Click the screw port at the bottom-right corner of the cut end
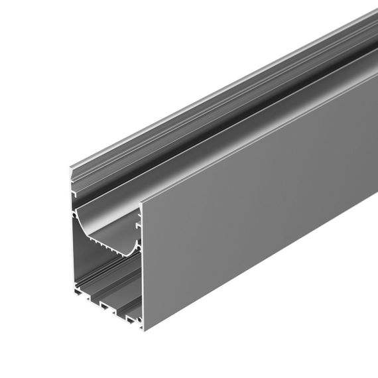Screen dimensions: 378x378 click(x=140, y=322)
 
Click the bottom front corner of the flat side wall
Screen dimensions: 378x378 click(x=145, y=328)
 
